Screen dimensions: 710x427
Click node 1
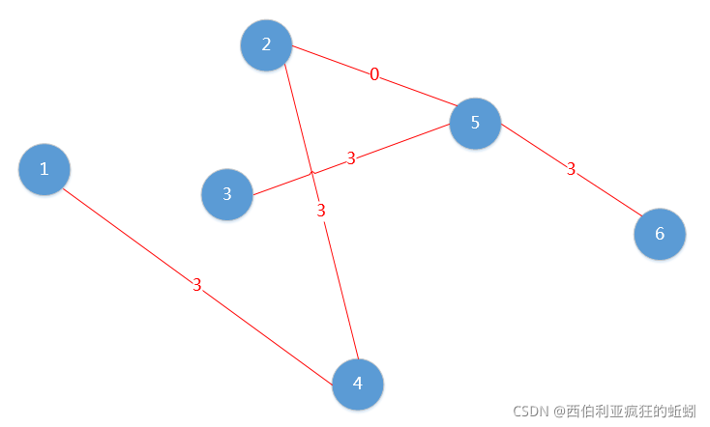point(44,169)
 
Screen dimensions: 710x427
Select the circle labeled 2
point(266,44)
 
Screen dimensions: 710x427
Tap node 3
point(226,193)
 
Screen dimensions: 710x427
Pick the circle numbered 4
point(358,384)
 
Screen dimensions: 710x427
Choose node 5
point(475,123)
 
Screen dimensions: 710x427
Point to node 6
point(660,234)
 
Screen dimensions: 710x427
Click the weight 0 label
point(374,74)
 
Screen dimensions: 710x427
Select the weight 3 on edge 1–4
point(196,285)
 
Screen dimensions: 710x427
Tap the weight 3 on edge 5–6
point(571,169)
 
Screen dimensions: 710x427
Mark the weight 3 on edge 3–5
point(351,158)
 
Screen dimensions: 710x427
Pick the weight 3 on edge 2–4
point(322,211)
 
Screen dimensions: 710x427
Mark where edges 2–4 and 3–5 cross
point(311,173)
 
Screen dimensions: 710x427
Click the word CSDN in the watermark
point(530,411)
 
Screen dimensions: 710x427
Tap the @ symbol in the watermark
point(558,411)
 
